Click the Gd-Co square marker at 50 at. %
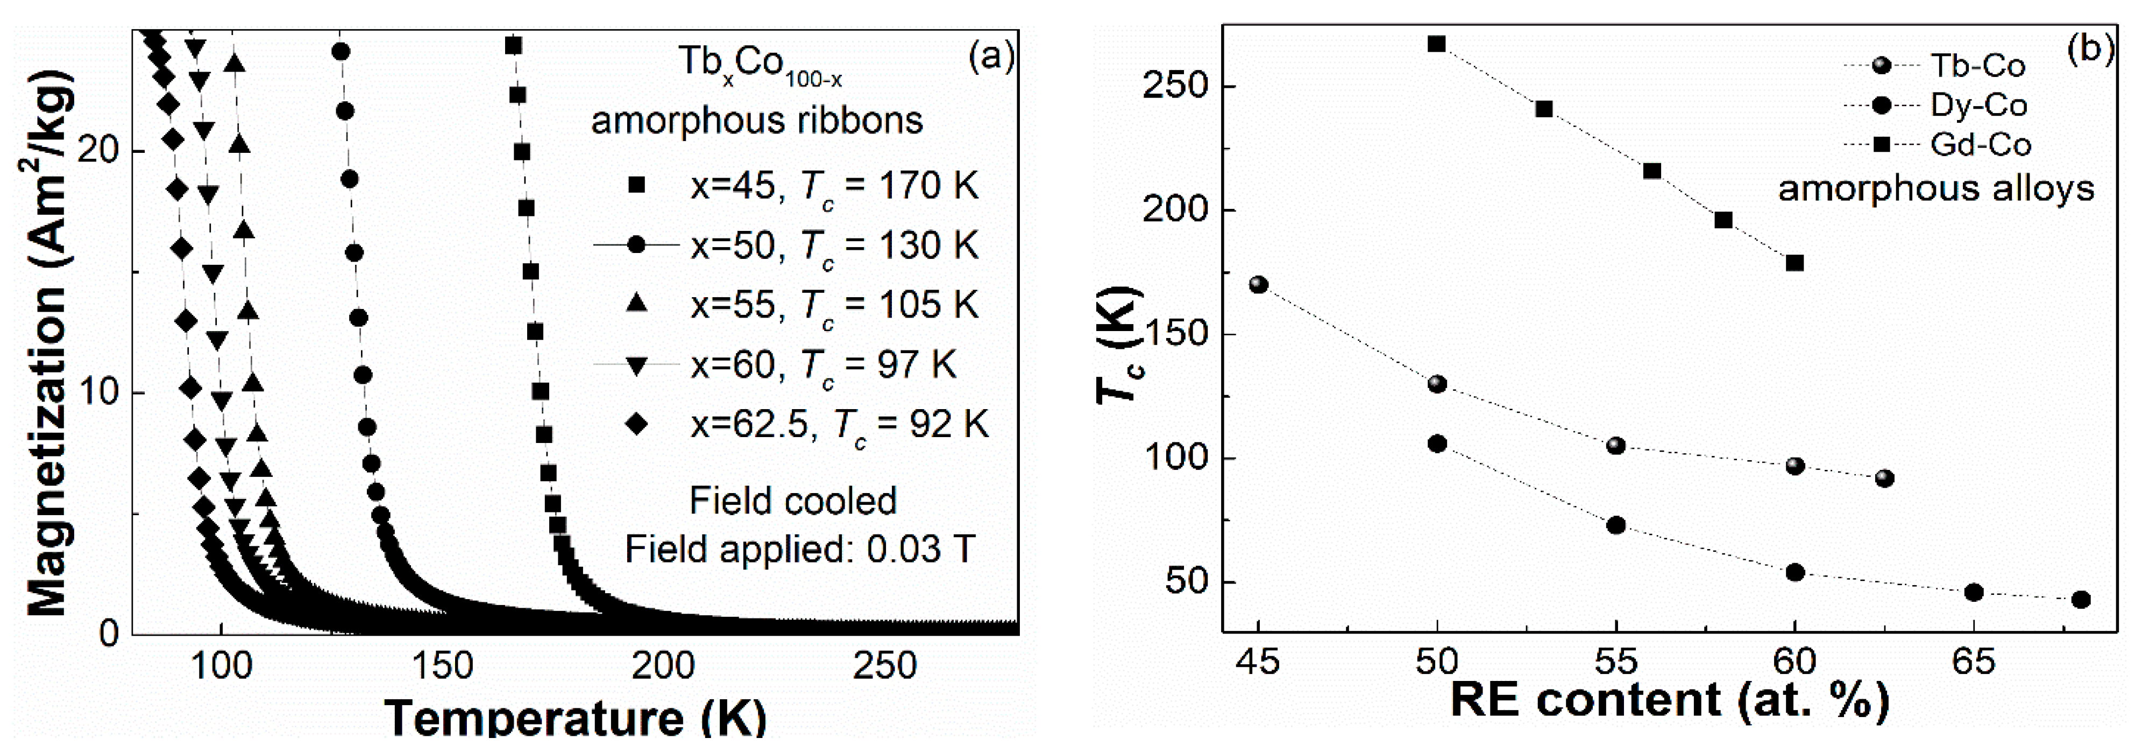point(1437,44)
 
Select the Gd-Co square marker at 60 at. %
point(1795,263)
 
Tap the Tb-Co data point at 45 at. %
point(1259,285)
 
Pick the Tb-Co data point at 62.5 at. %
point(1885,479)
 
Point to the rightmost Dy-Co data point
point(2081,600)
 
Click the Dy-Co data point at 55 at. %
point(1616,525)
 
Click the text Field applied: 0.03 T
point(799,549)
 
